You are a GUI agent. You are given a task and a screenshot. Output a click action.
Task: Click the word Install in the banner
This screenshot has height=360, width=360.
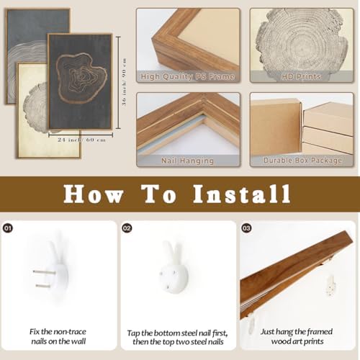(x=242, y=194)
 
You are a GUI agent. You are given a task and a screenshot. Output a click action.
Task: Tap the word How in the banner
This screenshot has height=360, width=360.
(x=93, y=194)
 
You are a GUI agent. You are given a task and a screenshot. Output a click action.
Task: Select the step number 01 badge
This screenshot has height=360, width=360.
(x=8, y=228)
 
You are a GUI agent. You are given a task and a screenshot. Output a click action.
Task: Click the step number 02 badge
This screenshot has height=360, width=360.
(x=127, y=228)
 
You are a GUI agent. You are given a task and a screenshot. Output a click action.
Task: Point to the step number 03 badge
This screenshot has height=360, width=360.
(x=246, y=228)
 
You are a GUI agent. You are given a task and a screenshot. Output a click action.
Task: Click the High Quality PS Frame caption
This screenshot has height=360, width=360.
(x=187, y=76)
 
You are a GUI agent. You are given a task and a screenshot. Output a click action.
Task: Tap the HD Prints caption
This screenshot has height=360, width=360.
(x=301, y=76)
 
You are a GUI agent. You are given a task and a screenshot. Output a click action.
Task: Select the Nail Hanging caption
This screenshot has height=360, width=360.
(x=187, y=161)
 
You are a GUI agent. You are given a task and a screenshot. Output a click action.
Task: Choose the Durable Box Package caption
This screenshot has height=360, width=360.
(x=302, y=161)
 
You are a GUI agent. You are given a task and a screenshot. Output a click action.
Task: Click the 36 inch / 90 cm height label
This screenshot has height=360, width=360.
(x=124, y=82)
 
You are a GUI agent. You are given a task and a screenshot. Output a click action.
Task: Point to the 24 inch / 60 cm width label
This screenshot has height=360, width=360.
(x=81, y=140)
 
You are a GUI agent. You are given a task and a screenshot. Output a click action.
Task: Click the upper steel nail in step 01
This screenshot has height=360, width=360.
(x=44, y=272)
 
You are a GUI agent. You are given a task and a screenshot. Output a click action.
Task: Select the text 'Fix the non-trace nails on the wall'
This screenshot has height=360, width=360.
(x=58, y=336)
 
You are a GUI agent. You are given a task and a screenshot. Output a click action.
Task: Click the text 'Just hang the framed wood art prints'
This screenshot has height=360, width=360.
(x=297, y=336)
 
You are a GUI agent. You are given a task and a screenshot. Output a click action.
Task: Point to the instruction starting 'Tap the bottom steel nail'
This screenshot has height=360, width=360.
(x=178, y=338)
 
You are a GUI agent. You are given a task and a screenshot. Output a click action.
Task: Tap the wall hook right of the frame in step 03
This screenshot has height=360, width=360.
(x=330, y=286)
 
